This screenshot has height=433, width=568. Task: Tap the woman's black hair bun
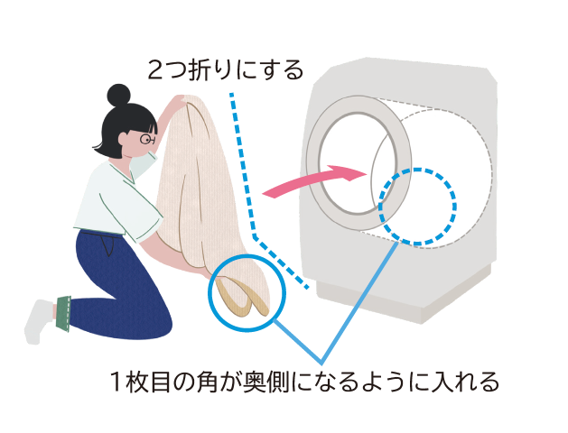tap(118, 95)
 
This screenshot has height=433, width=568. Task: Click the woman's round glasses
tap(148, 139)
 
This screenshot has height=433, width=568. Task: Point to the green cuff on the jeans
tap(63, 313)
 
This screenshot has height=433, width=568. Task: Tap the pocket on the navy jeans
tap(106, 243)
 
